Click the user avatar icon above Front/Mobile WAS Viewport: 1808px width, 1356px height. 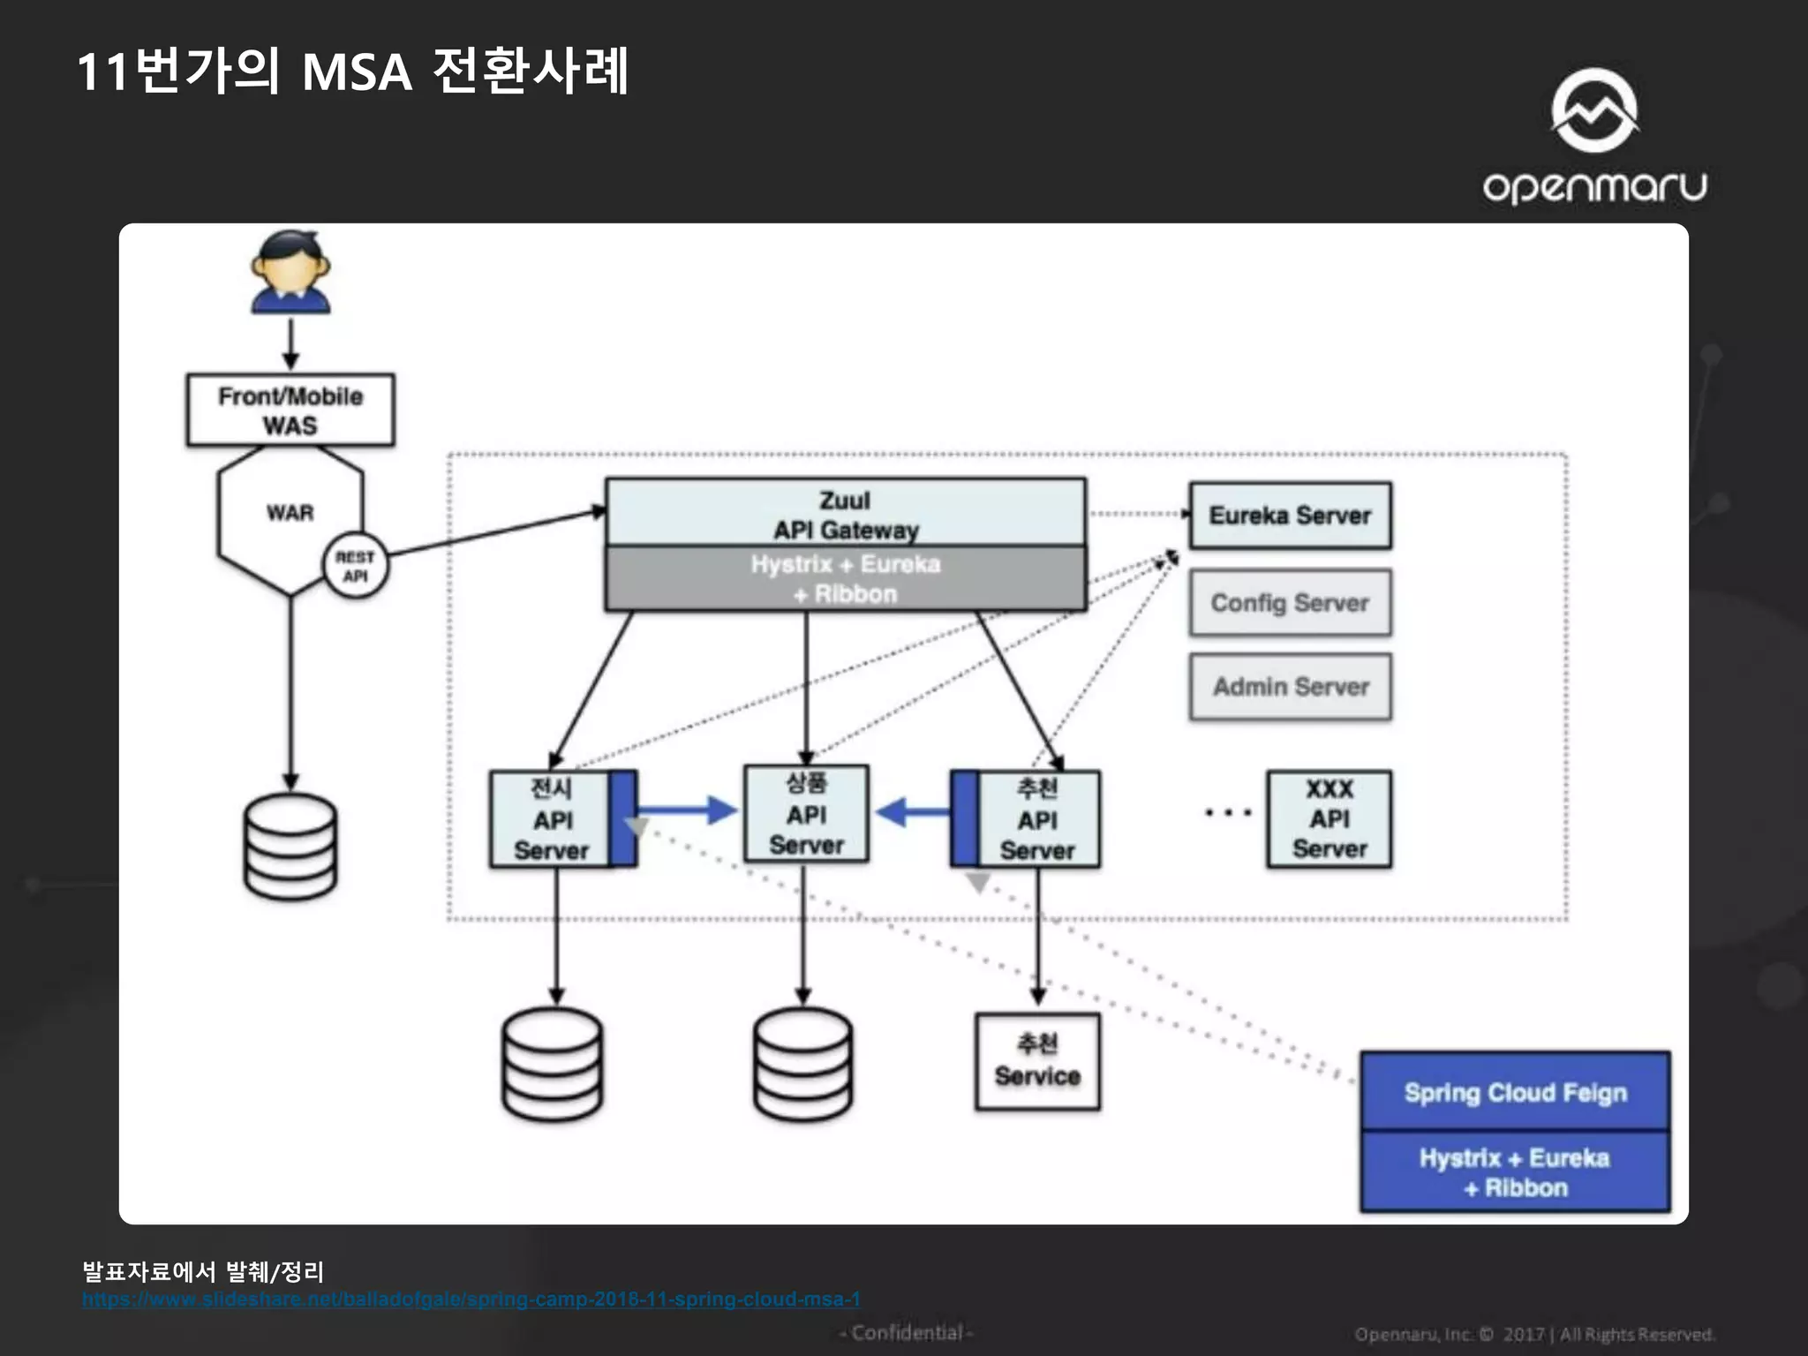(290, 272)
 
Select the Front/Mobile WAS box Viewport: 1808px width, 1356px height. (290, 410)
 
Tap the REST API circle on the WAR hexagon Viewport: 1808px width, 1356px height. (355, 566)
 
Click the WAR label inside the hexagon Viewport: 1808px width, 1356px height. (290, 513)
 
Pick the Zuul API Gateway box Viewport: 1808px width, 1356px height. (845, 514)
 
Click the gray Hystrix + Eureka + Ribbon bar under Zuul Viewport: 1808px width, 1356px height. (845, 579)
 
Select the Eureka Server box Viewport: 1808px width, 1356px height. (1290, 516)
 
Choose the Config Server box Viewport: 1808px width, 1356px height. (1290, 603)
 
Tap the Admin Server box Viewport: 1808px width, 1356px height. (1290, 687)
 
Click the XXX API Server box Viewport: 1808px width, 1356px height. (1329, 819)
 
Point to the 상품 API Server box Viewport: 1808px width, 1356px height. (806, 814)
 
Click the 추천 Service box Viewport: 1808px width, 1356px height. (1037, 1061)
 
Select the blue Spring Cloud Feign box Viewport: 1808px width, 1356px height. (1515, 1093)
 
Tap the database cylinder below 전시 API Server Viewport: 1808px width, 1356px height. (553, 1064)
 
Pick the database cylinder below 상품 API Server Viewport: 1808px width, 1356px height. (803, 1064)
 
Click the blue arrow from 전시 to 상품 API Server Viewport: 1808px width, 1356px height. (687, 810)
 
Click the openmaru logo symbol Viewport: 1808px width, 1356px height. (1594, 110)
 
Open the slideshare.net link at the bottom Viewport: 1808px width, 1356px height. (471, 1299)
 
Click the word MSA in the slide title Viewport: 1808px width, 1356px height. (357, 72)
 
